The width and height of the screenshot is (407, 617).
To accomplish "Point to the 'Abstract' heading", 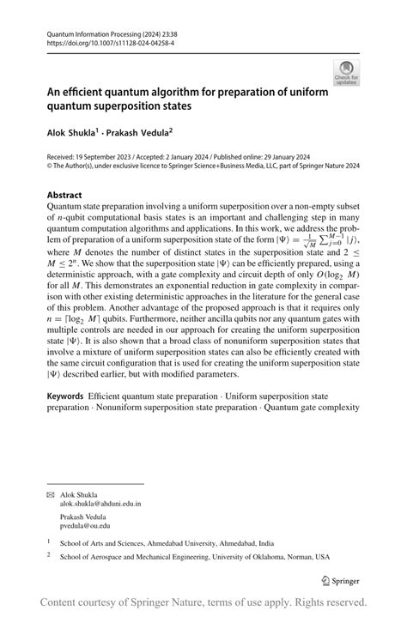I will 65,195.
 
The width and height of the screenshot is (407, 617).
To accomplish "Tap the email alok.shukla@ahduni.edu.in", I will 100,505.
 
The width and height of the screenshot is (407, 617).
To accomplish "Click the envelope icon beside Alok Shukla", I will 51,494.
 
